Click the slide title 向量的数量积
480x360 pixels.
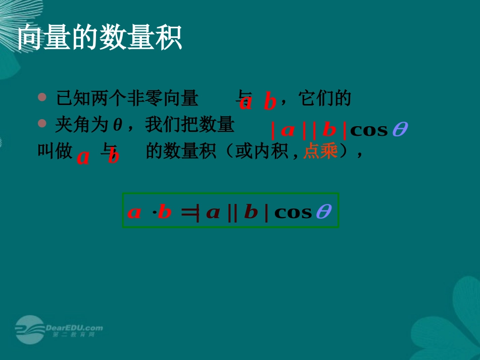point(100,39)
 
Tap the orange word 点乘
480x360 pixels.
point(320,151)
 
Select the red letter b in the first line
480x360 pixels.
point(270,102)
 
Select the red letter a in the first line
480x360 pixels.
point(246,102)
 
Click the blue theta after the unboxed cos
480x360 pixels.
point(399,130)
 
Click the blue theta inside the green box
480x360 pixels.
point(323,212)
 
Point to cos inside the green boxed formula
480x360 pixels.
point(293,212)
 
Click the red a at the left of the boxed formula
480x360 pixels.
point(134,212)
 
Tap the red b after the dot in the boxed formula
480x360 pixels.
point(165,212)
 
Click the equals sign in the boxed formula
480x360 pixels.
point(187,212)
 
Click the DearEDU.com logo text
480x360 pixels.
point(74,328)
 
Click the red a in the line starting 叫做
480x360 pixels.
point(83,158)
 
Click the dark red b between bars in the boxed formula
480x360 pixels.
point(251,212)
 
